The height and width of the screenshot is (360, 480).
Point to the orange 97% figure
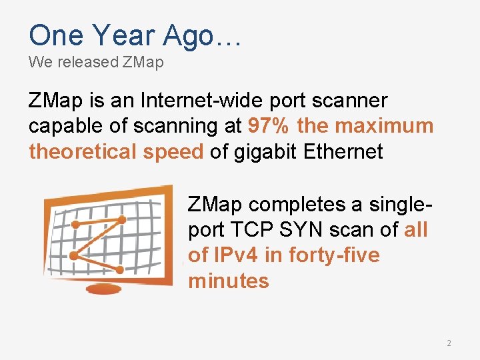pyautogui.click(x=269, y=126)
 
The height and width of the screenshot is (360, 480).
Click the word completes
pyautogui.click(x=303, y=205)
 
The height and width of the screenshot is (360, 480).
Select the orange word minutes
pyautogui.click(x=229, y=281)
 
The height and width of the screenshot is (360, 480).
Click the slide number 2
pyautogui.click(x=449, y=343)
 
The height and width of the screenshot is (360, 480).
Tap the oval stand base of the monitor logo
pyautogui.click(x=103, y=289)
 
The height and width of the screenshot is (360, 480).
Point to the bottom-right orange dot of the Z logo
pyautogui.click(x=119, y=269)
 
